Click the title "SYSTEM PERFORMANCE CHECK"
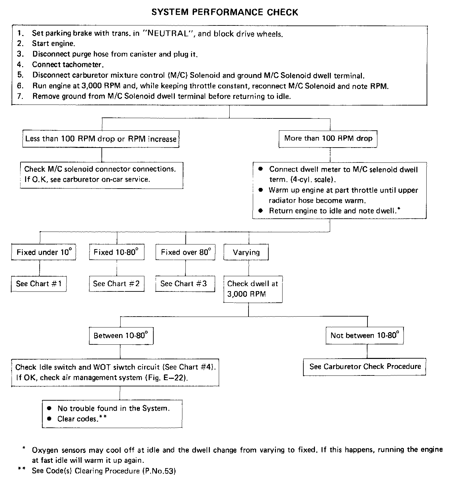pyautogui.click(x=225, y=13)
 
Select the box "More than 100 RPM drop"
pyautogui.click(x=328, y=138)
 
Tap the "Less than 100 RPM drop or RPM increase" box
pyautogui.click(x=101, y=139)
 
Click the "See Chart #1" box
pyautogui.click(x=39, y=284)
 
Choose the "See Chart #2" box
pyautogui.click(x=116, y=284)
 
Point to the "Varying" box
pyautogui.click(x=246, y=252)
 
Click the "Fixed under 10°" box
pyautogui.click(x=43, y=252)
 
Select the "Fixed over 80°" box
pyautogui.click(x=185, y=252)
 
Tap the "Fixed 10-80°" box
pyautogui.click(x=116, y=252)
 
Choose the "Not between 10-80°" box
pyautogui.click(x=364, y=335)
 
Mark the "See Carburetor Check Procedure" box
pyautogui.click(x=365, y=367)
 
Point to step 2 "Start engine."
pyautogui.click(x=54, y=43)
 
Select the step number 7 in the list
pyautogui.click(x=20, y=96)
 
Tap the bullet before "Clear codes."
pyautogui.click(x=49, y=419)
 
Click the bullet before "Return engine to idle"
pyautogui.click(x=261, y=211)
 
